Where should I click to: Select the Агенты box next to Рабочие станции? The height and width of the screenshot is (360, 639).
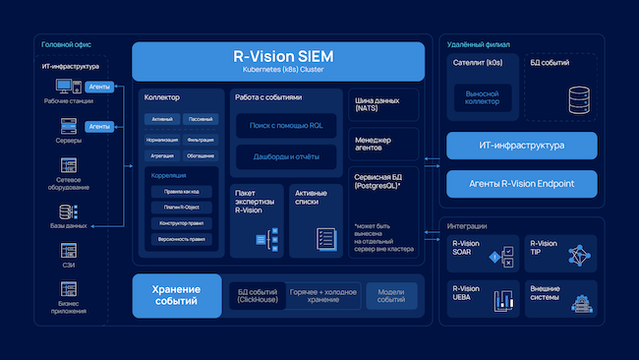tap(99, 88)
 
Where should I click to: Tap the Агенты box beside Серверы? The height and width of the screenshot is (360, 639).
tap(99, 126)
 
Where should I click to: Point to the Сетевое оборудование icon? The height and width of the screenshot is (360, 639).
tap(69, 166)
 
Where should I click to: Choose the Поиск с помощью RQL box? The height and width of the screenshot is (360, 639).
tap(286, 126)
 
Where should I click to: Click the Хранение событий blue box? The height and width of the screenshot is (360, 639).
tap(176, 295)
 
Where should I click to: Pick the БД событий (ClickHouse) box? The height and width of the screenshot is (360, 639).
tap(257, 295)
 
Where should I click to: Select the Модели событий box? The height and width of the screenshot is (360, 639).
tap(391, 295)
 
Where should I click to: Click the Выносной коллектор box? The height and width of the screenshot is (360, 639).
tap(483, 96)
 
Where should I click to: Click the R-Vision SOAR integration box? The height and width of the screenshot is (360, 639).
tap(482, 253)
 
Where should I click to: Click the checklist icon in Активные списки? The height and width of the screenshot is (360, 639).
tap(326, 238)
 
